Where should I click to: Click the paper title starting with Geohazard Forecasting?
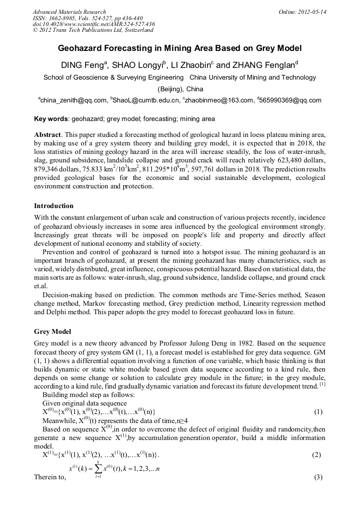(x=179, y=48)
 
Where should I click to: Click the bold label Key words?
(x=51, y=119)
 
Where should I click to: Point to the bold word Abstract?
(x=47, y=135)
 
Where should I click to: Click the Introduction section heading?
(x=54, y=205)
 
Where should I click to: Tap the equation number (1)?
(x=318, y=412)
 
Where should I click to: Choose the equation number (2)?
(x=318, y=455)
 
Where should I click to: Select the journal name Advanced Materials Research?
(x=70, y=12)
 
